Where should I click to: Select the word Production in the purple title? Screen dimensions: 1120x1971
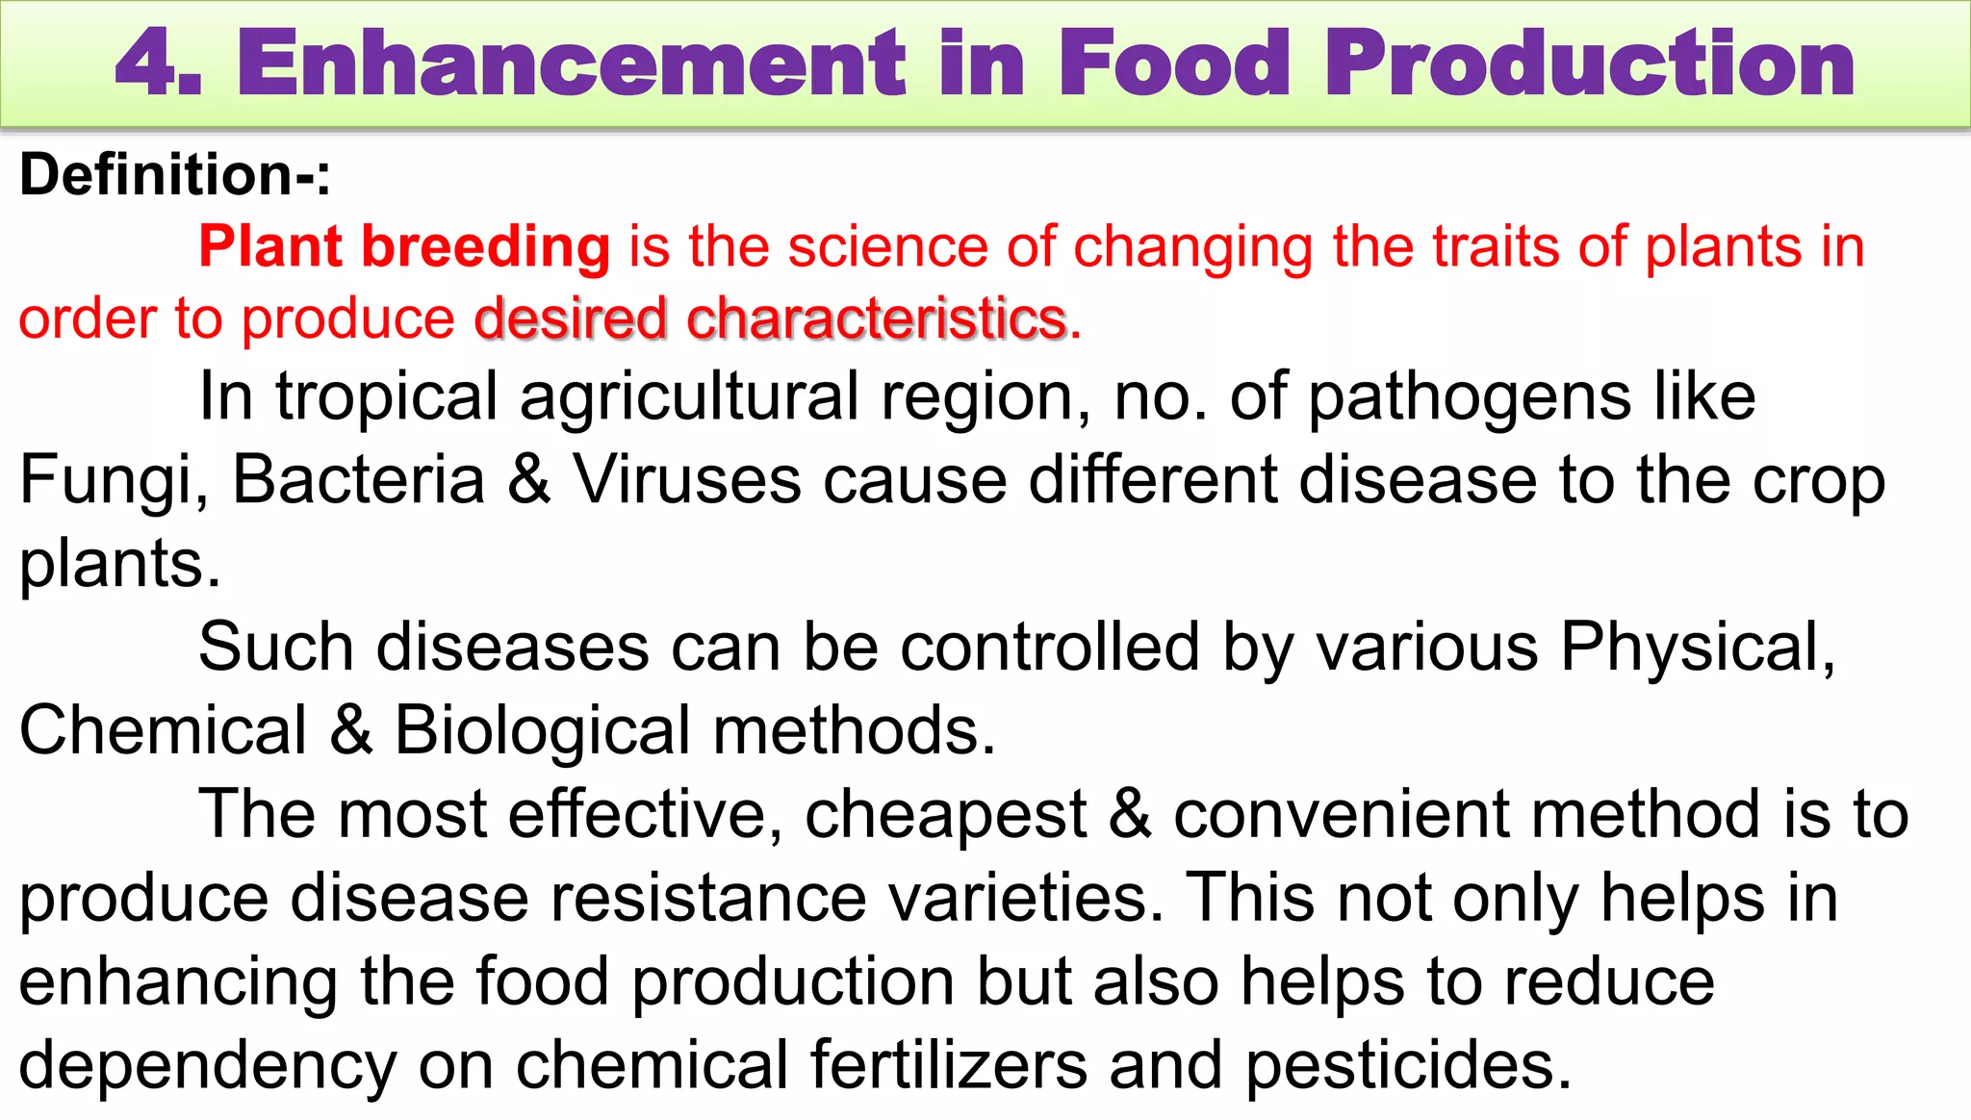click(1589, 64)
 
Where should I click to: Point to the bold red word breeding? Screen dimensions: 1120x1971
click(485, 247)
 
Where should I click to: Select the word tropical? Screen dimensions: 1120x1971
click(386, 397)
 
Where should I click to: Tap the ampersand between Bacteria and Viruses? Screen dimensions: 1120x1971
click(528, 479)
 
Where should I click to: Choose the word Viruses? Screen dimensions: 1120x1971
click(686, 479)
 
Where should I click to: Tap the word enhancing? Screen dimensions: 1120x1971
click(178, 982)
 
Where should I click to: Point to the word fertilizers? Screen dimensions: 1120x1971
click(949, 1065)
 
